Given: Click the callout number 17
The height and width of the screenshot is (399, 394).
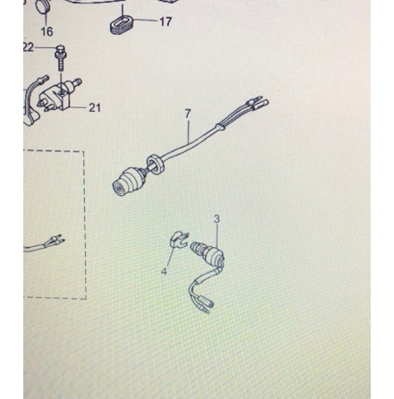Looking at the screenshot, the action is [166, 21].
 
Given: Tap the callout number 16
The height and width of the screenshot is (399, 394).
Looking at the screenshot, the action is [47, 31].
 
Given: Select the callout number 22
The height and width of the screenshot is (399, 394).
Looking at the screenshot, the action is [29, 47].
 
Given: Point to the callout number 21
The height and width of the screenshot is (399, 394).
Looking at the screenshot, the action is [95, 107].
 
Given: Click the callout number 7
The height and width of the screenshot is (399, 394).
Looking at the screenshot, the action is [187, 114].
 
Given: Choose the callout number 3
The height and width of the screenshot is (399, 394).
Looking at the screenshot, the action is [217, 219].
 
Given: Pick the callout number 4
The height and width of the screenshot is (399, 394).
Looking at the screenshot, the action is [164, 271].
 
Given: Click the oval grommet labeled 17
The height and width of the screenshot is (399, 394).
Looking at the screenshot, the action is [122, 25].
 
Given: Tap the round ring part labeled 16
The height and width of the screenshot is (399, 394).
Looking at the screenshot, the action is [42, 6].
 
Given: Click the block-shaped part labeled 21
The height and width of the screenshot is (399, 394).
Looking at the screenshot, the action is [61, 95].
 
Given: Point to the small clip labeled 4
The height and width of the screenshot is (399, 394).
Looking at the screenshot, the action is [179, 239].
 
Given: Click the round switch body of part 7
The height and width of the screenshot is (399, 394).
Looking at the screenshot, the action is [127, 181].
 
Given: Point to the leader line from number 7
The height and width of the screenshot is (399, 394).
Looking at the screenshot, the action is [188, 130].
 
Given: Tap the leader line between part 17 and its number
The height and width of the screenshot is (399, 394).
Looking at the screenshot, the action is [145, 21].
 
